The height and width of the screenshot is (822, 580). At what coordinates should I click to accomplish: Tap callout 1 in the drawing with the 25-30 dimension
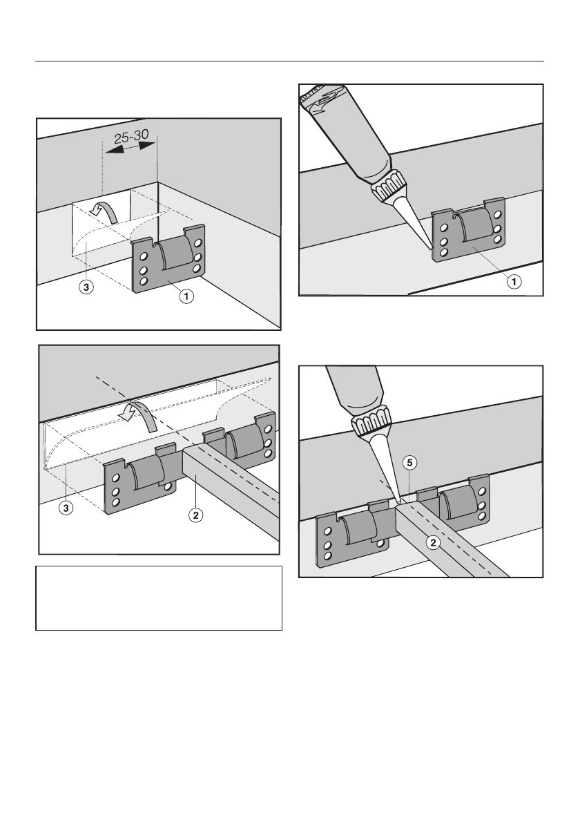(186, 296)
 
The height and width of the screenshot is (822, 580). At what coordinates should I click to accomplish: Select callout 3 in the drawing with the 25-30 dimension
(85, 285)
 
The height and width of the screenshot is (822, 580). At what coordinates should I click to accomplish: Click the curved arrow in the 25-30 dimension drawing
(108, 211)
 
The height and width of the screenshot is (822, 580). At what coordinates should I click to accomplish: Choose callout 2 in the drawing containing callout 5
(434, 542)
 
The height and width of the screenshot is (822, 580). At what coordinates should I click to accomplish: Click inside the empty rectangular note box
(159, 598)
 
